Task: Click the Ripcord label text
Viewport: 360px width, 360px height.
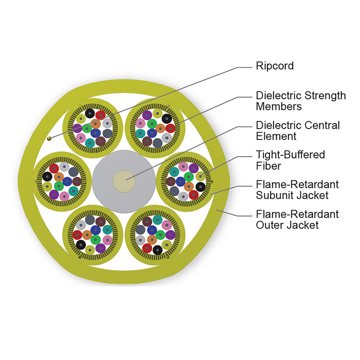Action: tap(275, 66)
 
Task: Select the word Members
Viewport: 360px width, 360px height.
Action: tap(279, 106)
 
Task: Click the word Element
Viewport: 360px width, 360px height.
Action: tap(276, 136)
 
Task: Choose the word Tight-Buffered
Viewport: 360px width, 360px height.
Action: tap(291, 155)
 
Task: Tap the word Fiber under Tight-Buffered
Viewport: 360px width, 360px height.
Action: tap(268, 166)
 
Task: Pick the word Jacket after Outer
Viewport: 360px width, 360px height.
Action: tap(303, 225)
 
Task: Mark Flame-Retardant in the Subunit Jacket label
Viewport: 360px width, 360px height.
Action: tap(297, 184)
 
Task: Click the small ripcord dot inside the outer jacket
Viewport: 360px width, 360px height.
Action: tap(49, 138)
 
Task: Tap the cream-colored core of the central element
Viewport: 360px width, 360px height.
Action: tap(124, 182)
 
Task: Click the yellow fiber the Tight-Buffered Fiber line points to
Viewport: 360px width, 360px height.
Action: tap(201, 176)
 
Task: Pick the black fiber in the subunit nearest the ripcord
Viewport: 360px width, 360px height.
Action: tap(90, 114)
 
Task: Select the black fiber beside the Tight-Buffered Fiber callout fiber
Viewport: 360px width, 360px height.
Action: tap(201, 187)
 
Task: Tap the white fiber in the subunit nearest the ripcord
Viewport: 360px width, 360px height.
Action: tap(107, 123)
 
